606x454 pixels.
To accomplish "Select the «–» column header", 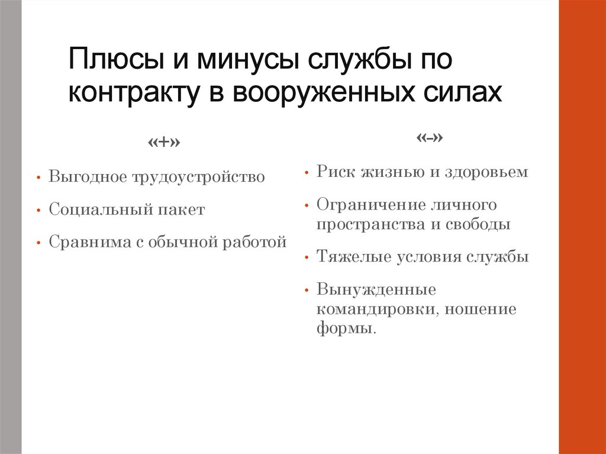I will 430,139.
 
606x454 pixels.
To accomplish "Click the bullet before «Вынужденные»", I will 306,291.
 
